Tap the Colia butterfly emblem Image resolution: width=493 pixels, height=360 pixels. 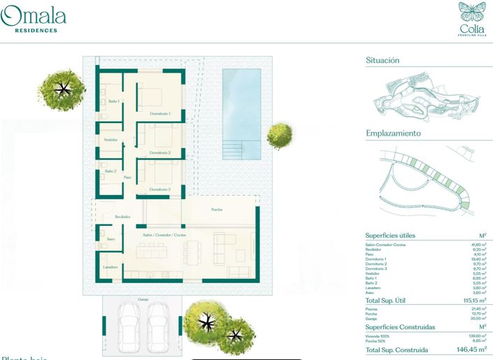(x=471, y=13)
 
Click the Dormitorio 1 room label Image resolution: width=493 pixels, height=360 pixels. (x=160, y=113)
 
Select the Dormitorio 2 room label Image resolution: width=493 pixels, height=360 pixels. (x=160, y=152)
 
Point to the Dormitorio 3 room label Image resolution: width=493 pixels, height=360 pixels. (x=160, y=189)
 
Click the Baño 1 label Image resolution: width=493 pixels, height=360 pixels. (x=113, y=102)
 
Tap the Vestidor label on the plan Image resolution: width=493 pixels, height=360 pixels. (x=110, y=140)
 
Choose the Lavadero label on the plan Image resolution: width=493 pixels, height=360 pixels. (x=110, y=267)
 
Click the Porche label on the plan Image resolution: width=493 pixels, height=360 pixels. (x=217, y=210)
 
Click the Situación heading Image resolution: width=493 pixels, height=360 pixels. (x=383, y=61)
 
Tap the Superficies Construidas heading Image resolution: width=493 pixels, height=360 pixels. (x=401, y=326)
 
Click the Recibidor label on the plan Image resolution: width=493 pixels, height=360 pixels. (x=123, y=217)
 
